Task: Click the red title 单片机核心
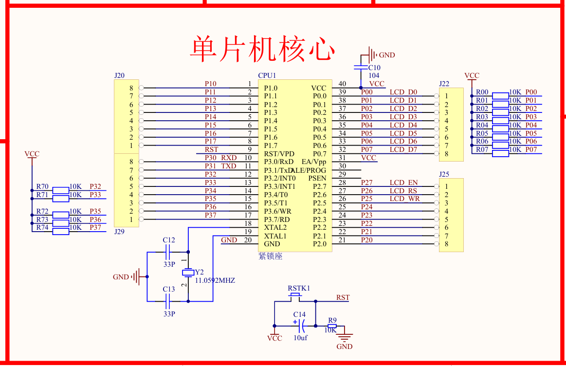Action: tap(263, 48)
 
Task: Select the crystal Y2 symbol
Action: tap(188, 272)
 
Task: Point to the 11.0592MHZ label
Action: tap(215, 281)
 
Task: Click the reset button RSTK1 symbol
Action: tap(295, 296)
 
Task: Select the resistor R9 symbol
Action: tap(332, 327)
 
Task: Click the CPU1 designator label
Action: tap(267, 75)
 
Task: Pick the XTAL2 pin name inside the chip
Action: tap(275, 228)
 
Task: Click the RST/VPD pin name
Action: tap(279, 154)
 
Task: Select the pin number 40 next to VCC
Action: tap(342, 84)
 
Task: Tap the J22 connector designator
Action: tap(444, 84)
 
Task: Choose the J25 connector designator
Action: tap(444, 174)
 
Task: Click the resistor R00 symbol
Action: tap(500, 95)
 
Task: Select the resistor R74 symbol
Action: tap(61, 232)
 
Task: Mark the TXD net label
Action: tap(229, 166)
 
